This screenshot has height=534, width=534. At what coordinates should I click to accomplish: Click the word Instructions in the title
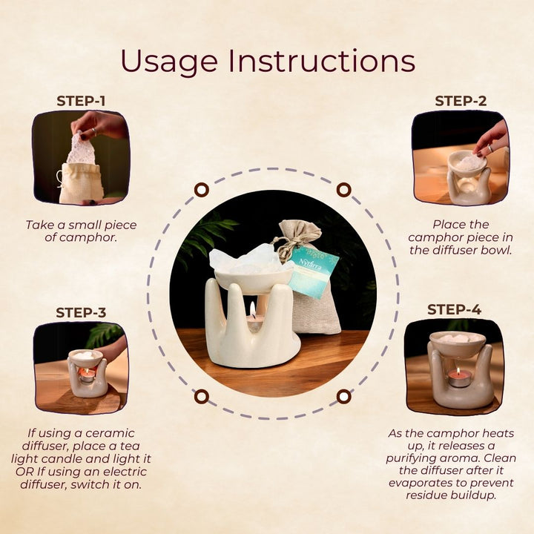322,61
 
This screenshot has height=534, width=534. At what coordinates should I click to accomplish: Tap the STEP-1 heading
81,101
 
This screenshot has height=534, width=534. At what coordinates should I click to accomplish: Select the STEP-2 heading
461,101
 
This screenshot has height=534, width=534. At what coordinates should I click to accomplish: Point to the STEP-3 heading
81,312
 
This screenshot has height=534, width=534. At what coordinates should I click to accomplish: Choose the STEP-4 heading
455,309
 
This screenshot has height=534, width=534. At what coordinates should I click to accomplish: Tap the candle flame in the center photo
252,309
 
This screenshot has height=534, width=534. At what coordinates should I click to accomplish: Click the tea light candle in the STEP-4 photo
459,378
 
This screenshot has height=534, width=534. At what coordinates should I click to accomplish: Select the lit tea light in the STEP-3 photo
87,375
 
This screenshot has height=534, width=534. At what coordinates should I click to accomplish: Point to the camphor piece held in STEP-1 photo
82,148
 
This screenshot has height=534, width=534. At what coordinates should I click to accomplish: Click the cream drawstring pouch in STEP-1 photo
81,184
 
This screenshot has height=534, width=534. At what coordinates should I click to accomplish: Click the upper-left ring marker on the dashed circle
201,189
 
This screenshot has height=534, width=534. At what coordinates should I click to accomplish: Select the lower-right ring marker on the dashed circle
343,396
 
